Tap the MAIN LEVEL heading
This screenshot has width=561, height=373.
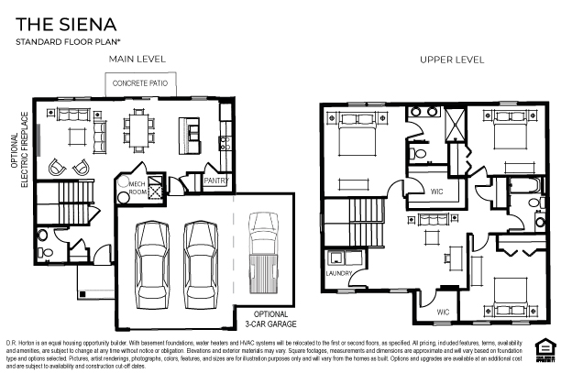(x=137, y=60)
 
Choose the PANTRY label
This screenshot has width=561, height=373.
(x=215, y=181)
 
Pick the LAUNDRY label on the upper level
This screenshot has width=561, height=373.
(x=339, y=273)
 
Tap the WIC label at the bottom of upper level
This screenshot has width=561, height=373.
(x=442, y=313)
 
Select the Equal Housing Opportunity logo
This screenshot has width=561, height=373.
(x=546, y=347)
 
